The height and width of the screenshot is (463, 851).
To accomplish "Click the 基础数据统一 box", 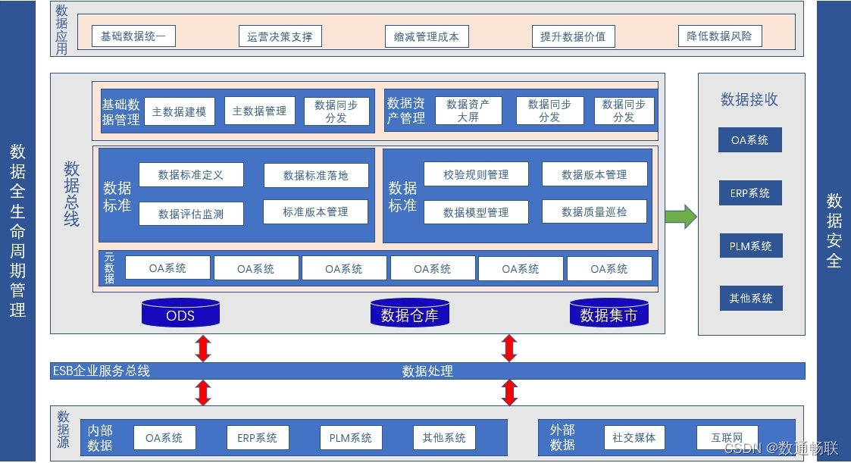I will coord(133,36).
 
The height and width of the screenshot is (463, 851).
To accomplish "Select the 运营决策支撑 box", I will coord(280,36).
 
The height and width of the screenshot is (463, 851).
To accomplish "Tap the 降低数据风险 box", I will coord(719,36).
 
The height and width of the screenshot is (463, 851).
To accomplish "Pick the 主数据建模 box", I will coord(180,111).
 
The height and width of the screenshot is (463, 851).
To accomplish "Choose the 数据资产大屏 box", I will coord(468,111).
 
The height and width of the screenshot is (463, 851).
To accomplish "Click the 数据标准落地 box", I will coord(316,175).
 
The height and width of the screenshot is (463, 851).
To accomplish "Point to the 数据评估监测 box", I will coord(191,214).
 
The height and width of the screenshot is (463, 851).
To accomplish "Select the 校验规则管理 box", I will coord(476,174).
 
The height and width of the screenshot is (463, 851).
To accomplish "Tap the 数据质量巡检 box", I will coord(594,212).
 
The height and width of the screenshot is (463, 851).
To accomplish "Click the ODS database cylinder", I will coord(180,313).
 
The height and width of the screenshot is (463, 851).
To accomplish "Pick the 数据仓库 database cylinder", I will coord(409,313).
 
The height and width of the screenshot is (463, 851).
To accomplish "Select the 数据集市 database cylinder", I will coord(609,313).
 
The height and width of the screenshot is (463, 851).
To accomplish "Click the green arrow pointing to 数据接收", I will coord(680,216).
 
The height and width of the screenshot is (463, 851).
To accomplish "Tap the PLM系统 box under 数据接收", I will coord(750,246).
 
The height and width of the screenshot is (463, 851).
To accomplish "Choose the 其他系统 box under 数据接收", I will coord(750,299).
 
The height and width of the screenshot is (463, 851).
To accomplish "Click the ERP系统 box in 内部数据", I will coord(257,438).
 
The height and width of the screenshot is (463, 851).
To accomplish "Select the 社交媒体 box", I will coord(634,437).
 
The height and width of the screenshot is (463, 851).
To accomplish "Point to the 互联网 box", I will coord(727,437).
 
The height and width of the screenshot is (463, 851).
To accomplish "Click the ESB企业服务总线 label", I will coord(101,371).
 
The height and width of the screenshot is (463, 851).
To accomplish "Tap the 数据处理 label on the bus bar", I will coord(427,371).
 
